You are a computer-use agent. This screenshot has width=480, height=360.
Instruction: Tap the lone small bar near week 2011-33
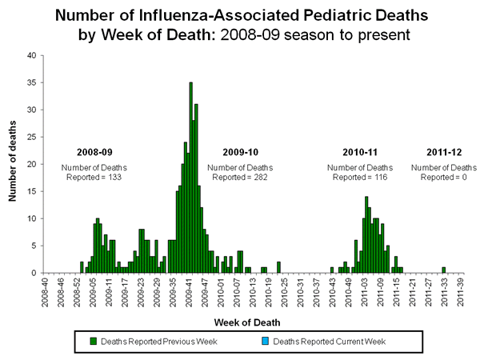coord(443,270)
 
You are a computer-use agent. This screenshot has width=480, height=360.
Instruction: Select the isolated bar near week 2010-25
coord(278,267)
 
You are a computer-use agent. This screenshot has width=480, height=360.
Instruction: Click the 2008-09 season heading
coord(94,151)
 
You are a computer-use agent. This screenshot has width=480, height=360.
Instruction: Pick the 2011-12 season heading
coord(438,151)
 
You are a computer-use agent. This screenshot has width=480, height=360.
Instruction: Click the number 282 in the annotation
coord(255,176)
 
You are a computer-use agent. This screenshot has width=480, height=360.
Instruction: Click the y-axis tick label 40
coord(30,55)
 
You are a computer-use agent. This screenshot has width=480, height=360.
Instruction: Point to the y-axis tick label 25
coord(30,137)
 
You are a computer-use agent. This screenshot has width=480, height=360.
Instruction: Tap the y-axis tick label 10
coord(30,218)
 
